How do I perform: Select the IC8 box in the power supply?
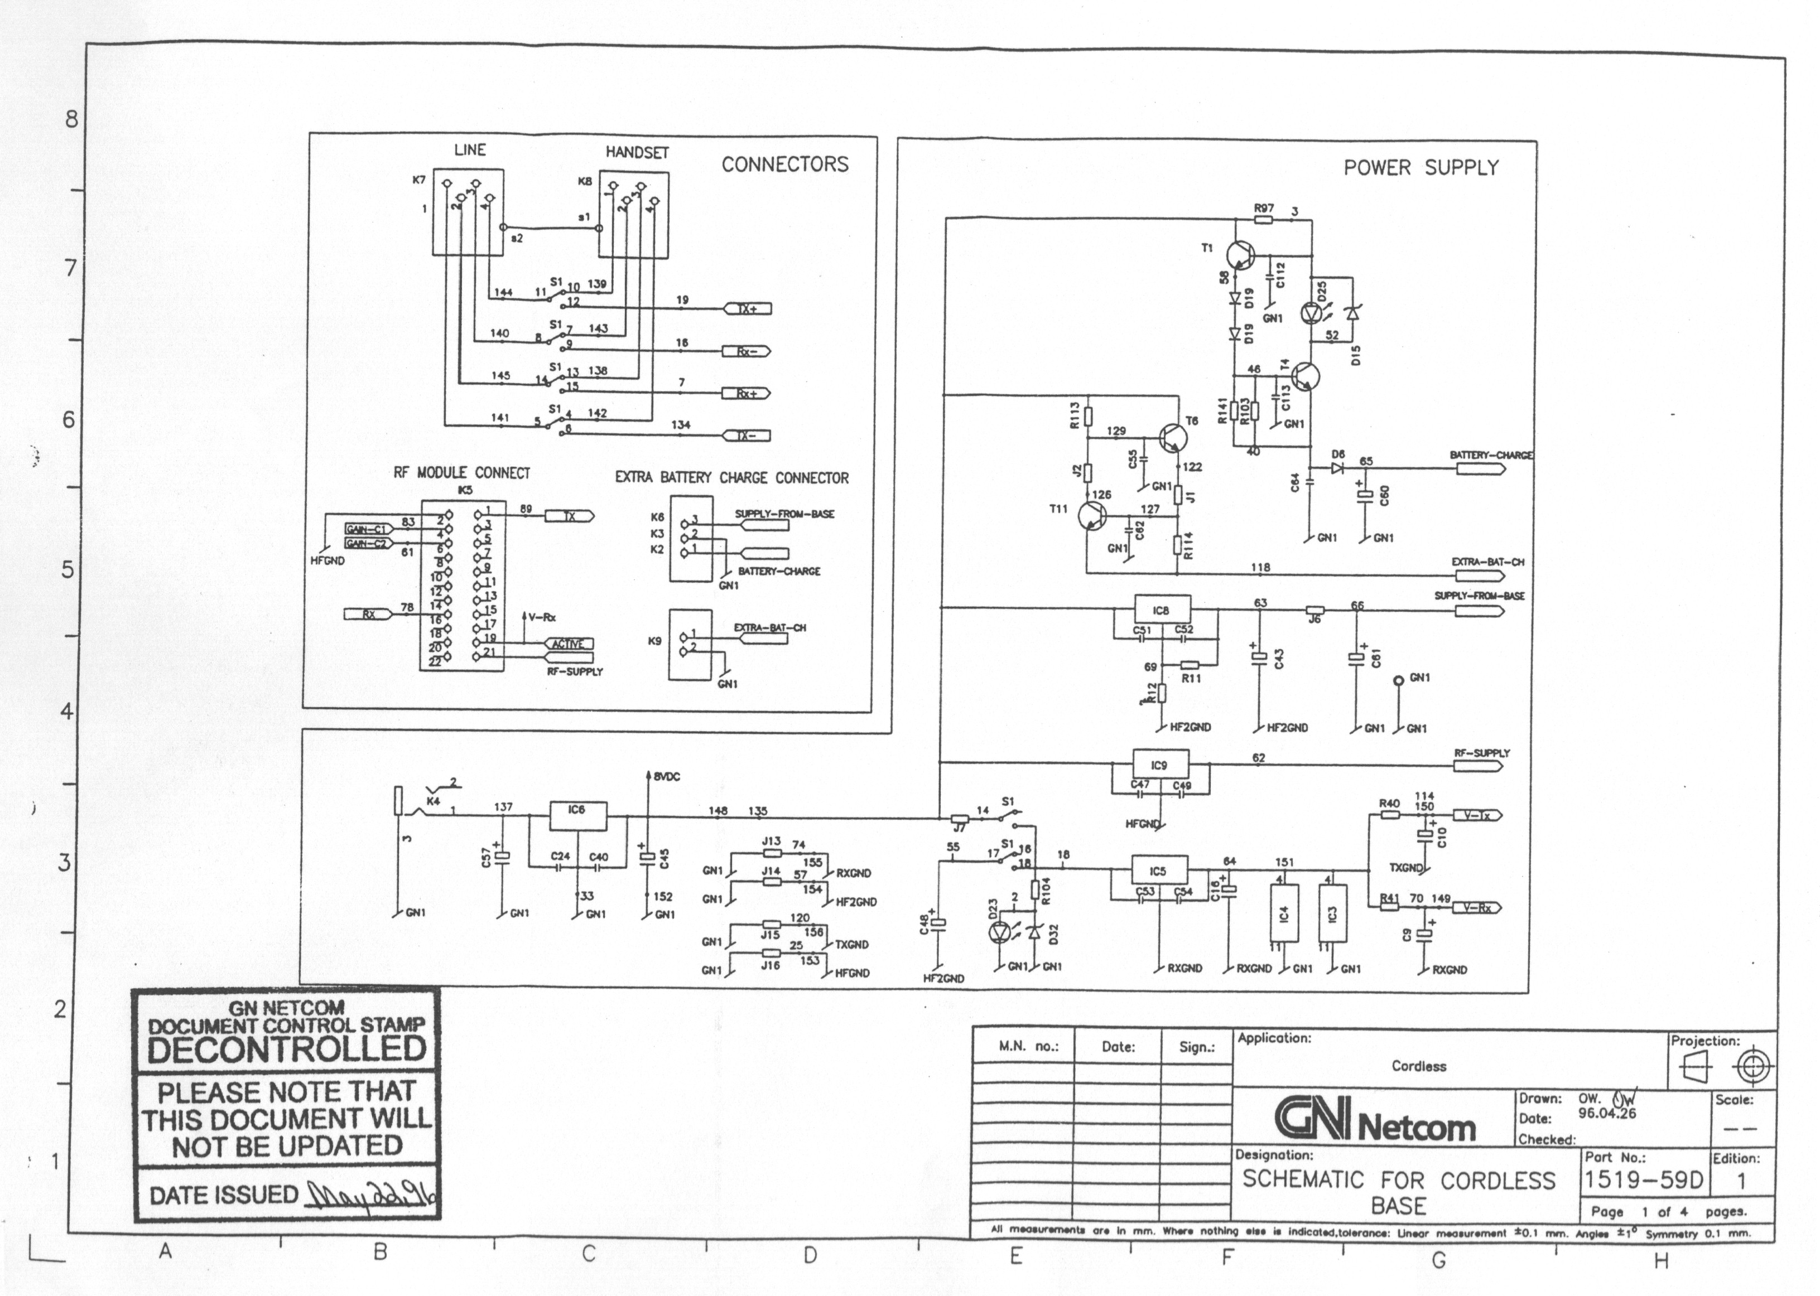[x=1162, y=611]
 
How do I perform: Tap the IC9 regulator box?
[x=1160, y=765]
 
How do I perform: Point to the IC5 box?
[x=1158, y=871]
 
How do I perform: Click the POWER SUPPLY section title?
[x=1421, y=168]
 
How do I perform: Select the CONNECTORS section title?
[x=784, y=165]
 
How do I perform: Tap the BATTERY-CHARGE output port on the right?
[x=1481, y=468]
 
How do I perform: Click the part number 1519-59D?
[x=1644, y=1179]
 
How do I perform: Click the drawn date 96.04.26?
[x=1606, y=1113]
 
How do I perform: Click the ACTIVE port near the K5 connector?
[x=569, y=644]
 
